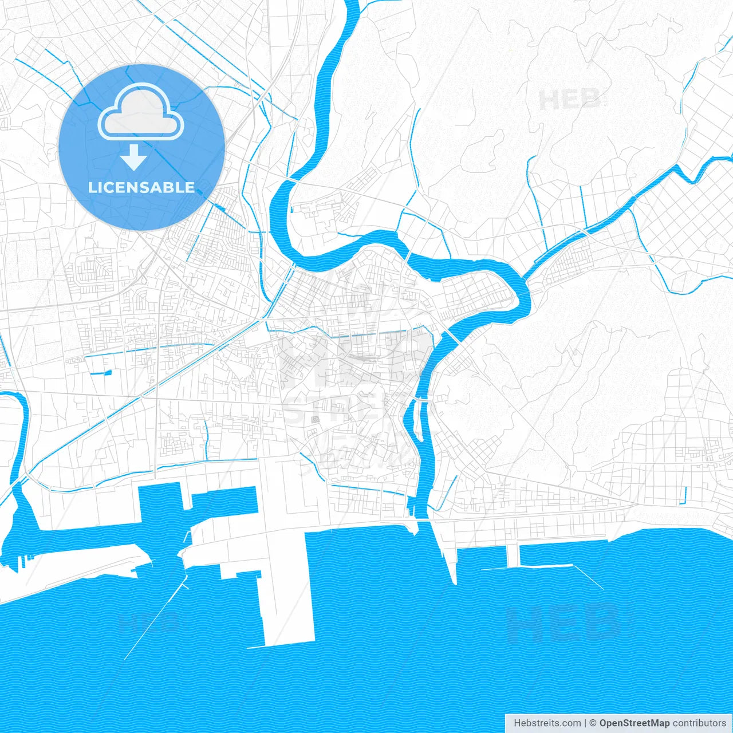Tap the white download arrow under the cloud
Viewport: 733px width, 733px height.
point(134,157)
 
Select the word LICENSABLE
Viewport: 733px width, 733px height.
point(141,187)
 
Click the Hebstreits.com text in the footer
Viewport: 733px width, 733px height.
point(547,723)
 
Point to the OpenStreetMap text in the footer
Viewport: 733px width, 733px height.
point(634,723)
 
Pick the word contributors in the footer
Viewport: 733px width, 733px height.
point(699,723)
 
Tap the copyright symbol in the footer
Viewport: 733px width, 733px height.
point(593,723)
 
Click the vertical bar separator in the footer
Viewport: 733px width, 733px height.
point(585,723)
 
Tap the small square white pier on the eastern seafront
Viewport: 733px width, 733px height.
point(513,554)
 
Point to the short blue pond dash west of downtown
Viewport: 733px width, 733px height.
point(100,373)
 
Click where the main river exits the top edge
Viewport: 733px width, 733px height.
point(350,5)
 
